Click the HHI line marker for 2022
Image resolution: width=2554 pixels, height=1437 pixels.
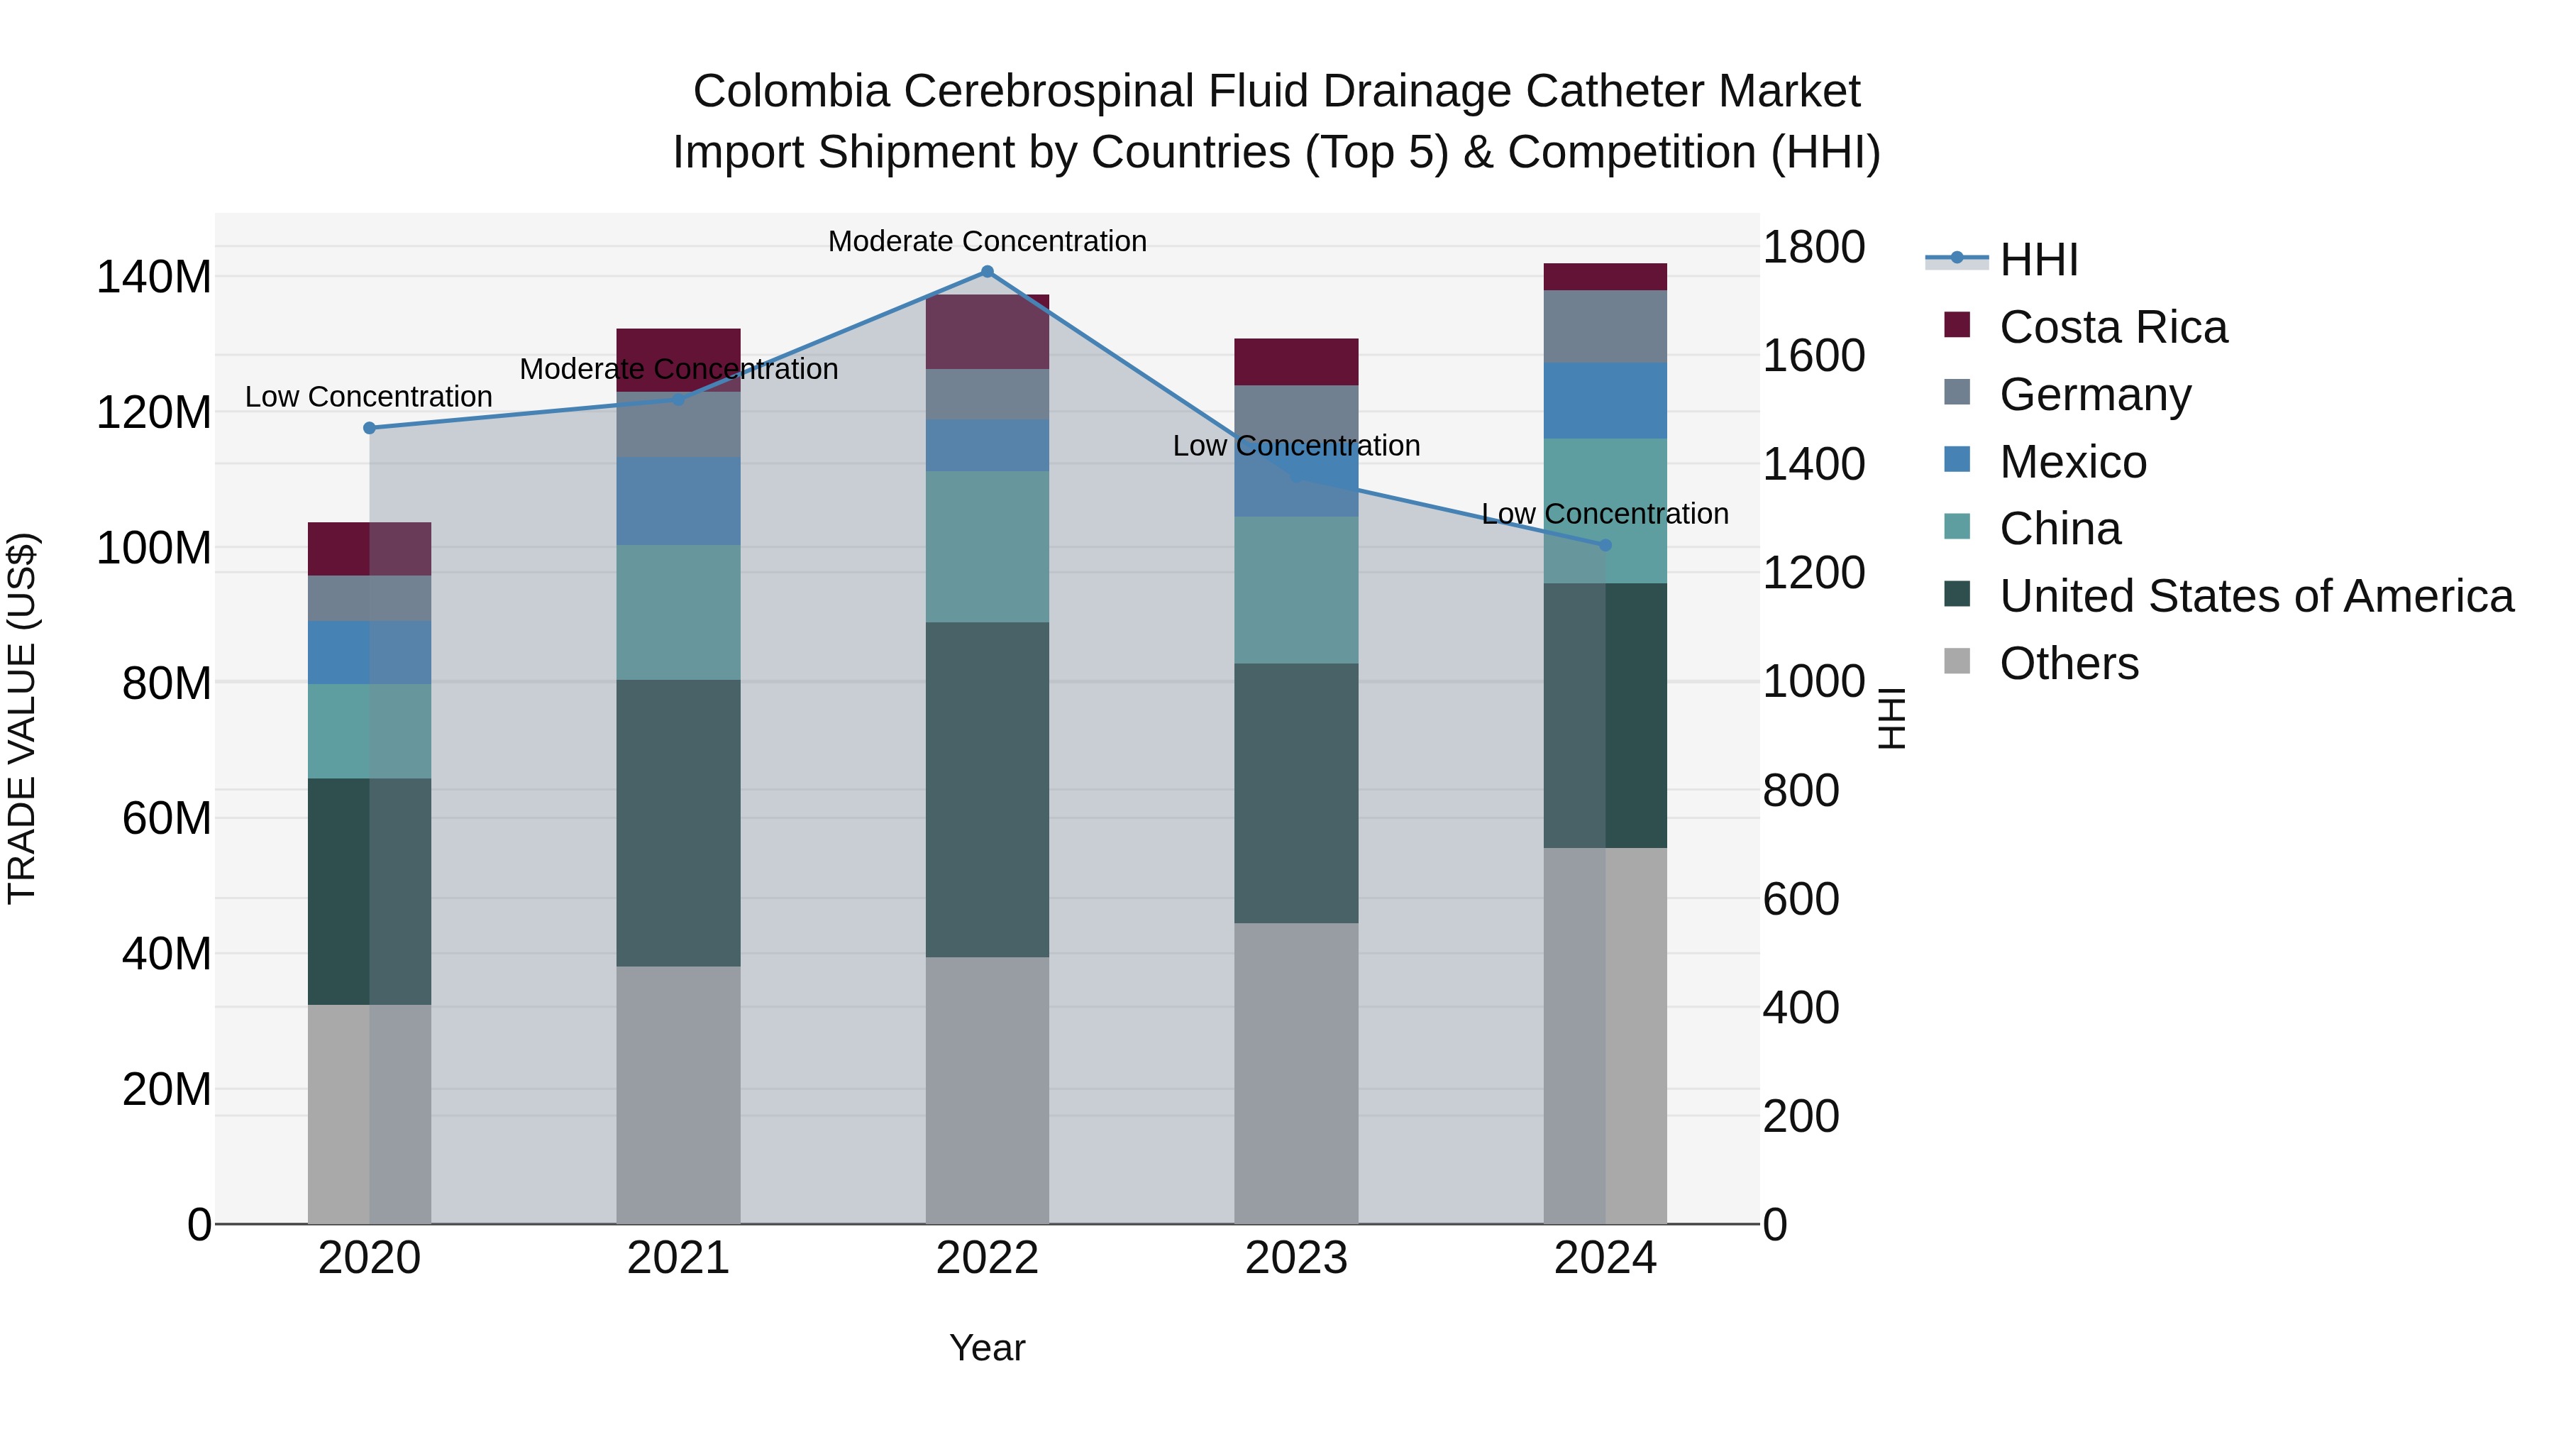987,272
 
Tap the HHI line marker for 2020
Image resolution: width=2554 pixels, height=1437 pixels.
370,429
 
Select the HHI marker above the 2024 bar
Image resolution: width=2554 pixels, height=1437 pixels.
1605,546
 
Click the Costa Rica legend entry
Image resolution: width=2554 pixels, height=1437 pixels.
2112,327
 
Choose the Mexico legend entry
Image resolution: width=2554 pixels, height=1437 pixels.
2072,462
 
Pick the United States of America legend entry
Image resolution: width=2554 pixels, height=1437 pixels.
2255,596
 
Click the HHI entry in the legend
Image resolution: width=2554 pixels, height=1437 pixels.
2038,260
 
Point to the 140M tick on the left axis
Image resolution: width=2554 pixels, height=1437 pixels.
154,277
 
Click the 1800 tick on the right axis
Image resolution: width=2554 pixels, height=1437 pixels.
1813,247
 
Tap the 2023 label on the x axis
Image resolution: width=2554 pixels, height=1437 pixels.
1296,1258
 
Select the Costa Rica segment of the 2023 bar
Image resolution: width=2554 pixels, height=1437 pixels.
1296,362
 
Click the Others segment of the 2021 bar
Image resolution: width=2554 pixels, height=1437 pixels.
678,1095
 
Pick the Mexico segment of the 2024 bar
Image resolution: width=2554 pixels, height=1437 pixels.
1605,401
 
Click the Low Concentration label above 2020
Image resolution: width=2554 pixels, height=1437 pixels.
369,397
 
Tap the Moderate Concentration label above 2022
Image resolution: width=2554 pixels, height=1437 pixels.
987,241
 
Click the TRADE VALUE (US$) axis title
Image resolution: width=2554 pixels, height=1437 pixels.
22,718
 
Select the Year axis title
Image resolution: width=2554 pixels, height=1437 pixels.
987,1348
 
